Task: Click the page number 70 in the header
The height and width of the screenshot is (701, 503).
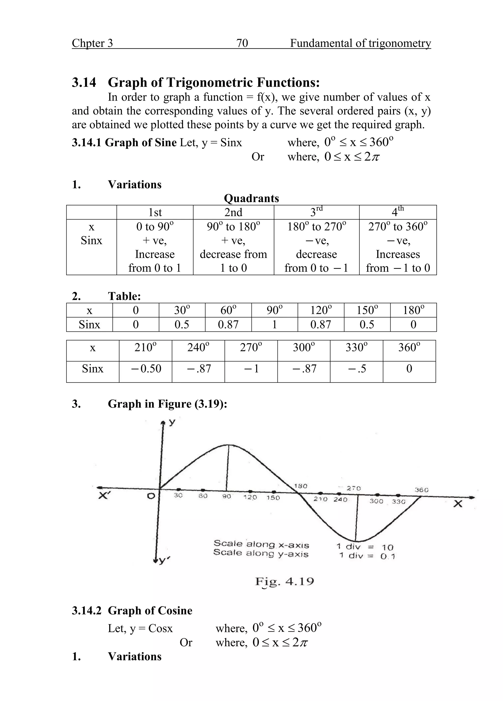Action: [x=242, y=43]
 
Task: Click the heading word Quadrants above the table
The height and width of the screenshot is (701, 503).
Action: [x=251, y=198]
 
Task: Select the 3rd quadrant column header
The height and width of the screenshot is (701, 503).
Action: [x=316, y=212]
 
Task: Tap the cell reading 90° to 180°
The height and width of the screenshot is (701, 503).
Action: [x=233, y=227]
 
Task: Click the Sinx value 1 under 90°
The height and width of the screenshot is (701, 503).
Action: [x=274, y=324]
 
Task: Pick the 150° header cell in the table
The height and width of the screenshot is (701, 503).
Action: [x=367, y=310]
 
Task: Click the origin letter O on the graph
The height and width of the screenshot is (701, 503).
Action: [x=151, y=496]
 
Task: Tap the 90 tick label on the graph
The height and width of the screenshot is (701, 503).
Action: [x=226, y=496]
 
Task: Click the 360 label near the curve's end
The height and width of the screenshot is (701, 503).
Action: [x=421, y=490]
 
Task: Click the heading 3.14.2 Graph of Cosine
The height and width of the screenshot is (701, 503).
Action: [x=132, y=611]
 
